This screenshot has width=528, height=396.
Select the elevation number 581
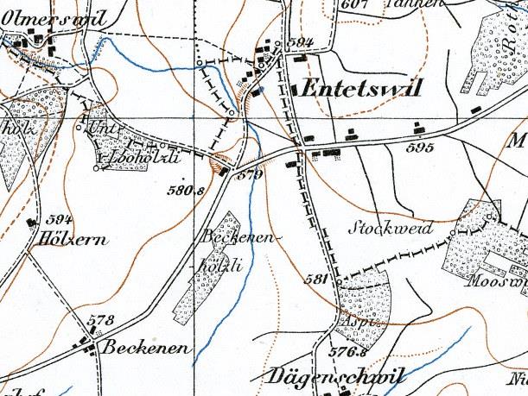click(317, 279)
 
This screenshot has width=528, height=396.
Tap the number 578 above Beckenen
click(101, 321)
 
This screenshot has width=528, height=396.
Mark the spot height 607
click(355, 4)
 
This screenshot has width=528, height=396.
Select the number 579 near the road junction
click(248, 173)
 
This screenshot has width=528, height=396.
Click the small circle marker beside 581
click(338, 280)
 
